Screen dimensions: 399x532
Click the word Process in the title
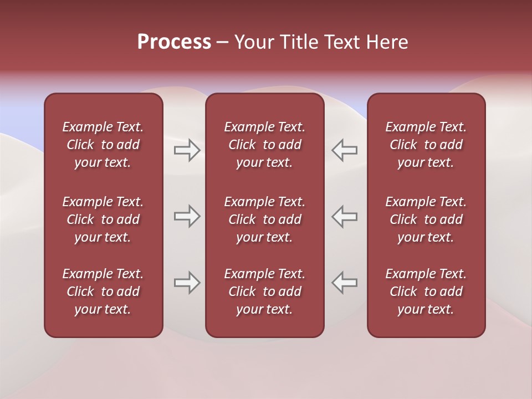[174, 42]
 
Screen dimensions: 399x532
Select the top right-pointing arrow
[187, 150]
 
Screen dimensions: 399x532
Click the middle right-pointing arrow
[187, 216]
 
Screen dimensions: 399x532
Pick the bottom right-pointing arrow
[187, 283]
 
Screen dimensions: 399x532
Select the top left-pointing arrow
[345, 150]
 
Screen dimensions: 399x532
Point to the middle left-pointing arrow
[345, 216]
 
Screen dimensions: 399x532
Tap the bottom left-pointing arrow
[345, 283]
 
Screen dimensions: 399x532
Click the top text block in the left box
[103, 145]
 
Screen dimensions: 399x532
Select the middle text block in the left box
[103, 219]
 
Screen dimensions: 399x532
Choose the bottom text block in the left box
[103, 291]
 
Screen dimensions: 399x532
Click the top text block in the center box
[264, 145]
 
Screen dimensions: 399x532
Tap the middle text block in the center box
[264, 219]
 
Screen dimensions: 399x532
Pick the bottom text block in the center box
[264, 291]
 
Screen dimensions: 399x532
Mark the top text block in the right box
[426, 145]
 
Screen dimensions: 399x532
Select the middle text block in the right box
[426, 219]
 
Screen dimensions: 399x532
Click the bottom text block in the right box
[426, 291]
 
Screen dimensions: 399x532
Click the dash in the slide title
[223, 43]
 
